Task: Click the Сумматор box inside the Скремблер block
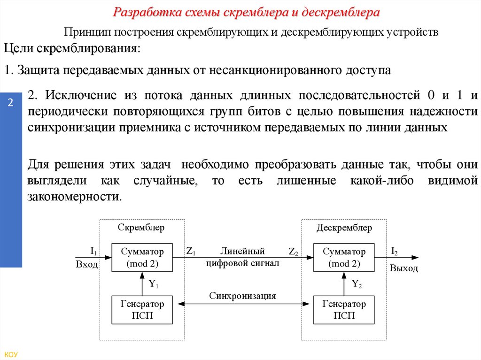(x=142, y=257)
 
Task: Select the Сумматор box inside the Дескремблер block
(x=344, y=257)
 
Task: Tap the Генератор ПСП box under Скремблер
(x=142, y=310)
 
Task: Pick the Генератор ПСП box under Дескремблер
(x=344, y=310)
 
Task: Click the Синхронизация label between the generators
(x=242, y=296)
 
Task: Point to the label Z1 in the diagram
(x=191, y=251)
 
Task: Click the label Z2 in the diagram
(x=294, y=252)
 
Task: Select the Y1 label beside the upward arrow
(x=154, y=283)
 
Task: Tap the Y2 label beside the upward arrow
(x=357, y=283)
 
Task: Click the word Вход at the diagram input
(x=87, y=264)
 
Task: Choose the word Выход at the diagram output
(x=403, y=268)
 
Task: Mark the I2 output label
(x=395, y=252)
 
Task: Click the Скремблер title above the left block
(x=141, y=228)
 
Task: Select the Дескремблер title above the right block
(x=344, y=228)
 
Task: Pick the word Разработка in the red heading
(x=142, y=12)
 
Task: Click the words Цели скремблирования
(x=72, y=48)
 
